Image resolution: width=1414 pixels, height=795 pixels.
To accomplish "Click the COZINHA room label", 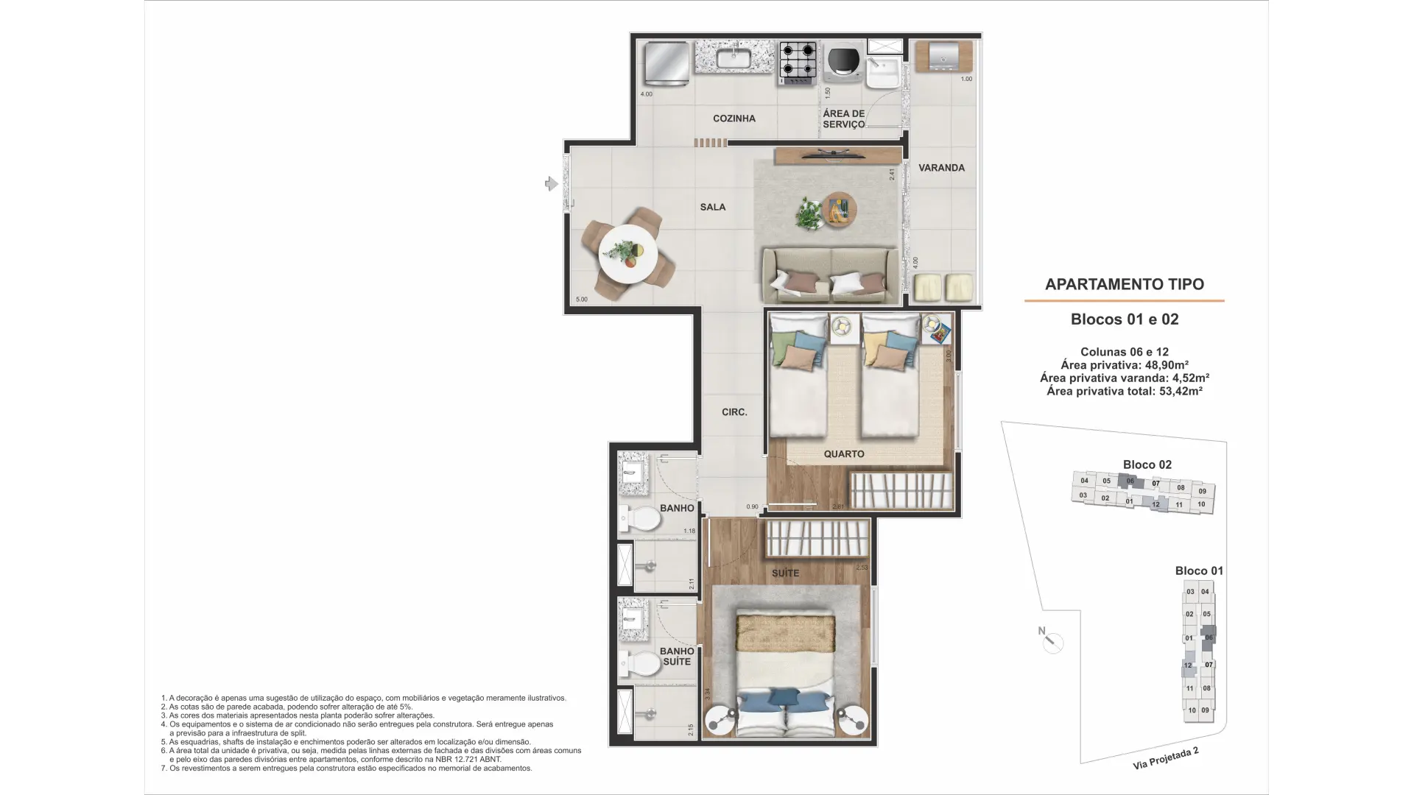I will click(734, 119).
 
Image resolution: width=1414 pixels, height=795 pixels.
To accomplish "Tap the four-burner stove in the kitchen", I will click(798, 61).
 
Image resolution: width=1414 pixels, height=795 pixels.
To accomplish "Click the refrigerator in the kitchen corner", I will click(666, 64).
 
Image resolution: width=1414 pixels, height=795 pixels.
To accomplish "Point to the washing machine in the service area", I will click(843, 63).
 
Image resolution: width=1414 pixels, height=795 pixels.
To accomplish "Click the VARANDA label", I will click(941, 168).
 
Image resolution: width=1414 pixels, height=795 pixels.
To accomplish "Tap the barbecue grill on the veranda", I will click(943, 57).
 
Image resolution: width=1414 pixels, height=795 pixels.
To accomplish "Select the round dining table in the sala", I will click(627, 254).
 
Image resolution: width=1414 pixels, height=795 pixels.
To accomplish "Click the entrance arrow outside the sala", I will click(551, 183).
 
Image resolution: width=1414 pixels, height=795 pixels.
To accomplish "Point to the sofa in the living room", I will click(830, 277).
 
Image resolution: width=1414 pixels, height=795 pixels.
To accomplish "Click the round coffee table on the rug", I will click(840, 208).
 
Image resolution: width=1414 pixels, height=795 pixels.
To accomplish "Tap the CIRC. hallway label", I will click(734, 412).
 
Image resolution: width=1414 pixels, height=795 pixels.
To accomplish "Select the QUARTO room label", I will click(844, 454).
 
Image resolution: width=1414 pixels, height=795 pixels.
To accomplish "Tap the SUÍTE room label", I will click(785, 573).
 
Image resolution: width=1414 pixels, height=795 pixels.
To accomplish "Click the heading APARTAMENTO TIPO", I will click(1124, 284).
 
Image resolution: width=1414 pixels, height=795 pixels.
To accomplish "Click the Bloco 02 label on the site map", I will click(1147, 464).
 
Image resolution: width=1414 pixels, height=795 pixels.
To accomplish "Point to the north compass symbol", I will click(1052, 643).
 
